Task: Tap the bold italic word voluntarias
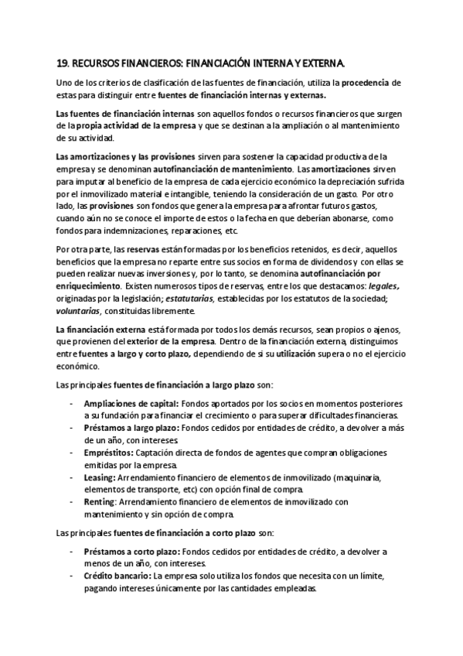click(79, 311)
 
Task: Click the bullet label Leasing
click(98, 477)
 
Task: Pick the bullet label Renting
click(99, 502)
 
